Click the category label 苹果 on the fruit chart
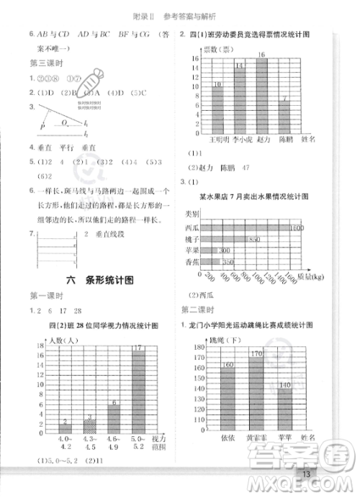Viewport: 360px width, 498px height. tap(192, 250)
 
